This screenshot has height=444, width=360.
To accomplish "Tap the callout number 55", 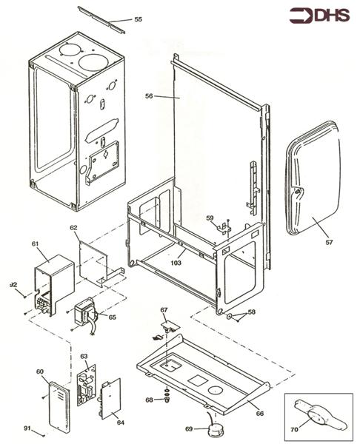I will (x=138, y=19).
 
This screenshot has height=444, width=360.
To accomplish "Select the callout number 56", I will (x=149, y=95).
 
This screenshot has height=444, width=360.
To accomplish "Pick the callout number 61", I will (x=35, y=243).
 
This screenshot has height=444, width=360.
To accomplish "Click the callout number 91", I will (x=27, y=428).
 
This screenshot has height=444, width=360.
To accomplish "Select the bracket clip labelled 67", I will (x=170, y=323).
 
